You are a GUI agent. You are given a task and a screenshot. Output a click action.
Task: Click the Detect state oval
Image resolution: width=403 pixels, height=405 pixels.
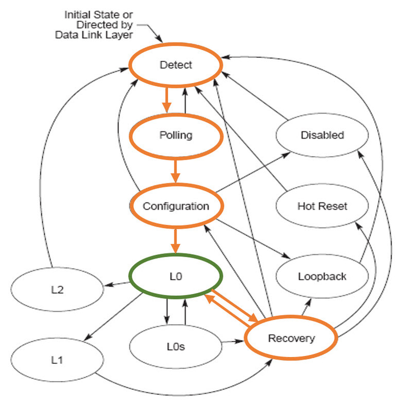(176, 65)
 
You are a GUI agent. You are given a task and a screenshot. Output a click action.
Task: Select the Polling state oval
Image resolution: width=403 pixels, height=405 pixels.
(176, 136)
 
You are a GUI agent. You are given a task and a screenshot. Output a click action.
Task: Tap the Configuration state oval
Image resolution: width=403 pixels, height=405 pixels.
(176, 206)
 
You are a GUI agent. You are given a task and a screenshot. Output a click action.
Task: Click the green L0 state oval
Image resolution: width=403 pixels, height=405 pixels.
(176, 277)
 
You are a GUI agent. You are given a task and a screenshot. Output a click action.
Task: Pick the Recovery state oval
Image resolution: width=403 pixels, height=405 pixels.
(291, 338)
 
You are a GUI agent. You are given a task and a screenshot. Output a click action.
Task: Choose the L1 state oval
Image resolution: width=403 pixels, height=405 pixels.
(57, 360)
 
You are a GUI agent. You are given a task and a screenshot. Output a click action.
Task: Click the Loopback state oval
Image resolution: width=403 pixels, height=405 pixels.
(322, 276)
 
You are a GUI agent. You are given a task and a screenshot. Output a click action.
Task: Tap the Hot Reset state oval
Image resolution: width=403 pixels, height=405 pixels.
(322, 206)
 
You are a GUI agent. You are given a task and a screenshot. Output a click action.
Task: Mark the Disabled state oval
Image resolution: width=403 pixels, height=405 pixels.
(322, 136)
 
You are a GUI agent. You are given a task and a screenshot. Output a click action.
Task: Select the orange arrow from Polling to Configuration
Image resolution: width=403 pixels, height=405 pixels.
(176, 171)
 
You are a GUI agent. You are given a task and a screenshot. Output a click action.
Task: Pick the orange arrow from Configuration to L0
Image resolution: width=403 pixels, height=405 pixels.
(176, 241)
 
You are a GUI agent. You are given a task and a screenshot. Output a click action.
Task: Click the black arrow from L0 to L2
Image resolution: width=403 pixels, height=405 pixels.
(117, 283)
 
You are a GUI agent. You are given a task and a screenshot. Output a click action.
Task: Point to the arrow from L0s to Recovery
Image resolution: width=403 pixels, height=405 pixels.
(232, 341)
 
